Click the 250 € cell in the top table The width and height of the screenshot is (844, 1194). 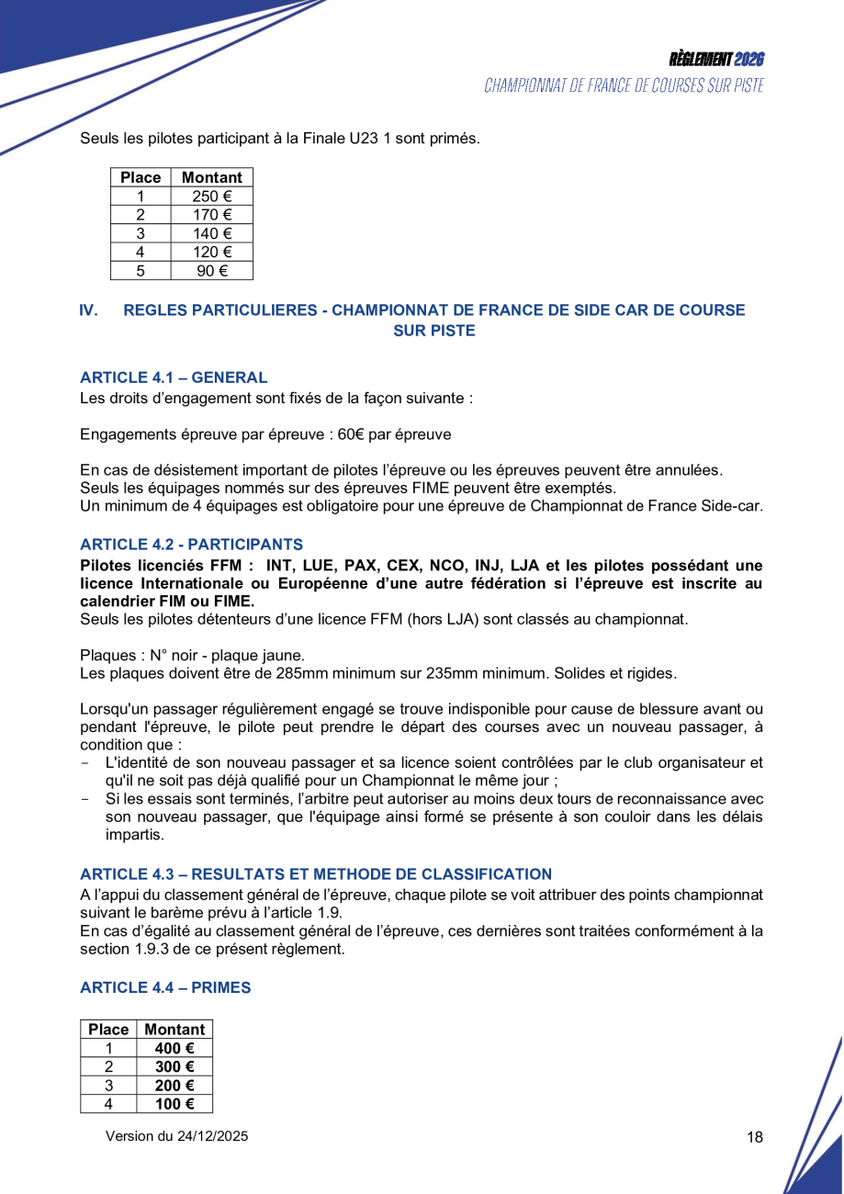pyautogui.click(x=211, y=196)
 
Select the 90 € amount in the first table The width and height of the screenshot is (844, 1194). pyautogui.click(x=211, y=270)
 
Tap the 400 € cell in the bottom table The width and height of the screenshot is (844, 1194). pyautogui.click(x=174, y=1048)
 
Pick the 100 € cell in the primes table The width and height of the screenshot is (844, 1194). pyautogui.click(x=174, y=1104)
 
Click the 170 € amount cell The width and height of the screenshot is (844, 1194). pyautogui.click(x=211, y=215)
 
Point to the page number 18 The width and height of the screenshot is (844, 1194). pyautogui.click(x=755, y=1137)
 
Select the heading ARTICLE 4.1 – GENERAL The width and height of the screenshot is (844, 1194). pyautogui.click(x=174, y=377)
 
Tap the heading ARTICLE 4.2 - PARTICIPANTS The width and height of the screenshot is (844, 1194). pyautogui.click(x=191, y=545)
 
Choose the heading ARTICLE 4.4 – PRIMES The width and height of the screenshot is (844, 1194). pyautogui.click(x=165, y=987)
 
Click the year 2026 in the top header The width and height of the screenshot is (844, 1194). pyautogui.click(x=749, y=60)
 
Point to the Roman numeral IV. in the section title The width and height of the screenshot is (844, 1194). pyautogui.click(x=88, y=310)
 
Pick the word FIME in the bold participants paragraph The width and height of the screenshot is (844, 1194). pyautogui.click(x=231, y=601)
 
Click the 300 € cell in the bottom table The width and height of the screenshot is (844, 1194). pyautogui.click(x=174, y=1066)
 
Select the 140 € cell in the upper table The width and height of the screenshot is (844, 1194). pyautogui.click(x=211, y=233)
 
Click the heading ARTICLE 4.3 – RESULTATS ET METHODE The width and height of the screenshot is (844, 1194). pyautogui.click(x=316, y=874)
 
